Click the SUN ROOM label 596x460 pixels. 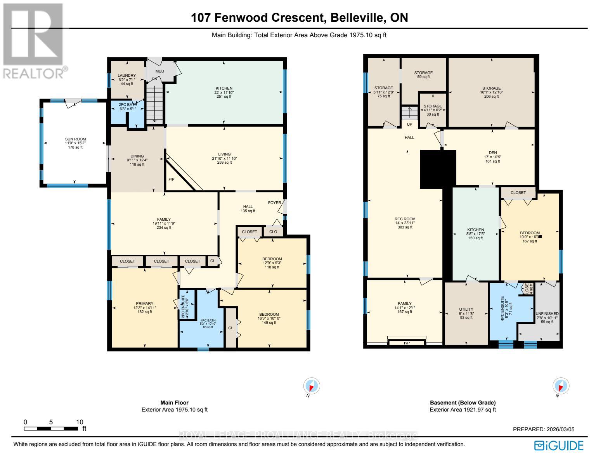[75, 139]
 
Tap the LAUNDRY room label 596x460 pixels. [127, 76]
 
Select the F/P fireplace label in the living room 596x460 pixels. [171, 180]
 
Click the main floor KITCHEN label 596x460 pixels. [224, 88]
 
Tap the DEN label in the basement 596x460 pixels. [493, 152]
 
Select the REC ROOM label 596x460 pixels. [405, 219]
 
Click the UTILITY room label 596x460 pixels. [466, 310]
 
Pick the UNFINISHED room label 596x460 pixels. [547, 313]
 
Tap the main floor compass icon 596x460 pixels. [312, 386]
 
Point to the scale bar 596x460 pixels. [51, 429]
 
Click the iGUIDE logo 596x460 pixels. [559, 446]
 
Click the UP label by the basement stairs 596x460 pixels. [409, 125]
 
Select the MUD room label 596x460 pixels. [160, 71]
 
